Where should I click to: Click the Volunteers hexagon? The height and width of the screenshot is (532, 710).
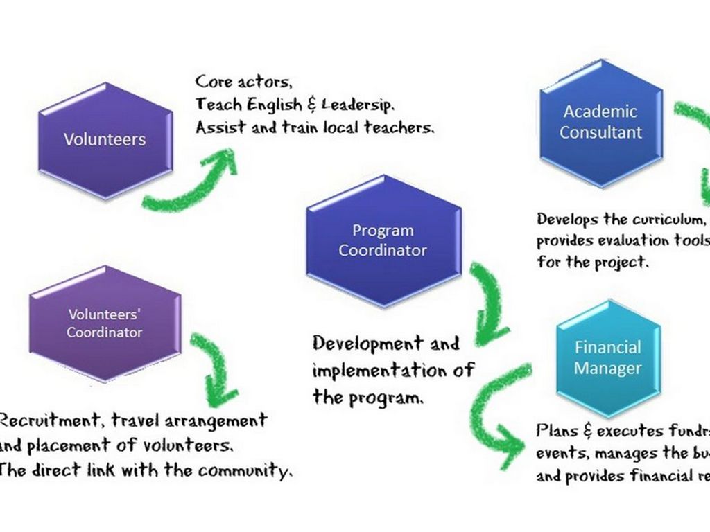[x=105, y=139]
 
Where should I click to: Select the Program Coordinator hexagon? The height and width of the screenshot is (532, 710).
[x=383, y=240]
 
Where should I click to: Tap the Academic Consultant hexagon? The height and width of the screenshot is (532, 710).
[x=600, y=122]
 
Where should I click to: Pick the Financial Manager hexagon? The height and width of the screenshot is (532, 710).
[x=608, y=357]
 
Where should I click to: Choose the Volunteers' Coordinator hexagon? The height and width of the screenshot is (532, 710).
[x=104, y=323]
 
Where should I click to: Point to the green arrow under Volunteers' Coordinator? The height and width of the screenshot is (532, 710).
[x=215, y=371]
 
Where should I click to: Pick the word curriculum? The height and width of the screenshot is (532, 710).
[x=668, y=220]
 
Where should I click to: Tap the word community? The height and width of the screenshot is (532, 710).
[x=244, y=471]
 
